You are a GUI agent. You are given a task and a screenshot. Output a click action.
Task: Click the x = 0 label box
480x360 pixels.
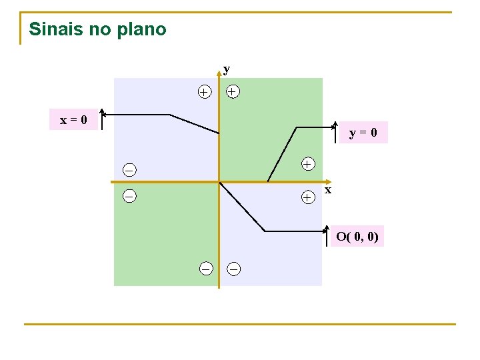point(73,120)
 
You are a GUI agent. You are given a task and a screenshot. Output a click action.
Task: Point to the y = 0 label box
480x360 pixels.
point(363,133)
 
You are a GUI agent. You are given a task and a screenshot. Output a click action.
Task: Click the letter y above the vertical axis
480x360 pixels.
point(227,69)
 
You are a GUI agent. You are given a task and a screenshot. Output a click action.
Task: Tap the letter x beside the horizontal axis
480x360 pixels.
point(328,190)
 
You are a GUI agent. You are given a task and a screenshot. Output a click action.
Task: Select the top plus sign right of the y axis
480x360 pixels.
point(232,91)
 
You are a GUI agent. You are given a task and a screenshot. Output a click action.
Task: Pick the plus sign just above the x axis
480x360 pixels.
point(307,163)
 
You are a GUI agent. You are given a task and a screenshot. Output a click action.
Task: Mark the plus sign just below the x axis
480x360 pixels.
point(307,197)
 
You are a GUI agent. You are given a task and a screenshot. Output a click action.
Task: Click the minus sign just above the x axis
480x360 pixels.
point(129,169)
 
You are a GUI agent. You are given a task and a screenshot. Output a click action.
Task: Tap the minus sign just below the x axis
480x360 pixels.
point(129,196)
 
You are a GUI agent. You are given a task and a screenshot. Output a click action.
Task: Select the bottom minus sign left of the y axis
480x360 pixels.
point(206,268)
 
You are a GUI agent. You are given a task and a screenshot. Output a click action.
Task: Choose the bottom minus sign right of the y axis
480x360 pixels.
point(234,269)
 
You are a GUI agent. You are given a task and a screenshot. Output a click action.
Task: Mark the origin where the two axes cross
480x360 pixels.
point(219,181)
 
